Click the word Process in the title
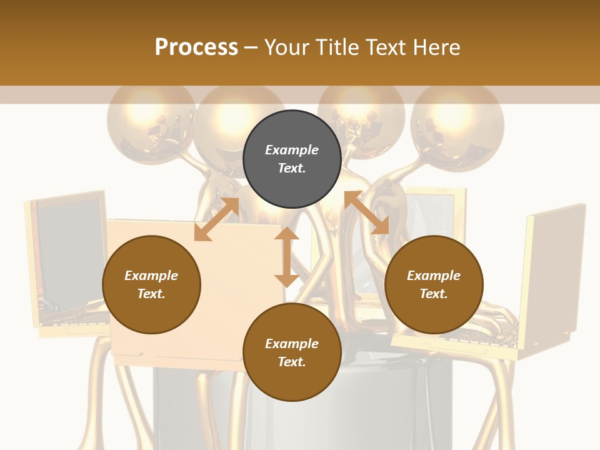[x=196, y=47]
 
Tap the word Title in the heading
[x=336, y=47]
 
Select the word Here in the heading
[x=437, y=47]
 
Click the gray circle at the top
[x=292, y=159]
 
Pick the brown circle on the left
[x=151, y=284]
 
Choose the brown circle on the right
[x=434, y=284]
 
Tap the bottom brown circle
[x=292, y=352]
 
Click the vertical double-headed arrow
[x=287, y=257]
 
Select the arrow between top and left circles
[x=217, y=219]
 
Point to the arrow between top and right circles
[x=367, y=212]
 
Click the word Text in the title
[x=386, y=47]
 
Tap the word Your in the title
[x=285, y=47]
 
